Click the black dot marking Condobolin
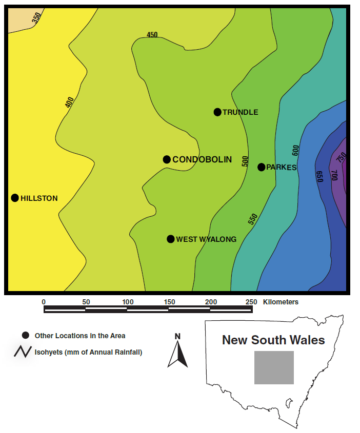point(167,159)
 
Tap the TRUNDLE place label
point(240,112)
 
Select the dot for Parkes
point(261,167)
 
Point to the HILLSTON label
point(39,198)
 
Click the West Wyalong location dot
point(171,239)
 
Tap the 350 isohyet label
point(36,18)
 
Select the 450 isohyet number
point(152,35)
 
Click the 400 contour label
point(70,102)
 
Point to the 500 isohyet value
point(245,161)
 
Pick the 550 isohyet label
point(252,219)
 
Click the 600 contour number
point(295,150)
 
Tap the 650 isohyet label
point(319,177)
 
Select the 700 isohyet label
point(334,175)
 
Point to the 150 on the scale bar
point(169,302)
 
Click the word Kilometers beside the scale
point(281,302)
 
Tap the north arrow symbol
point(177,354)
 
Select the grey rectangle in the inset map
point(274,367)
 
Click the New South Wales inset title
point(273,340)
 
